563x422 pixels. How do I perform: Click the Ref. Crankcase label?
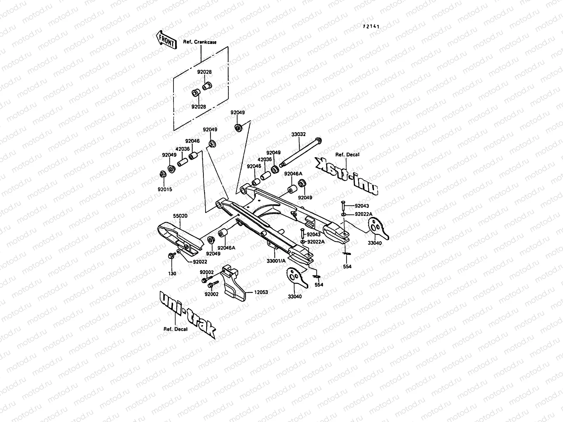click(x=200, y=42)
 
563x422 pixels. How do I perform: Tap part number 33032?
click(x=298, y=134)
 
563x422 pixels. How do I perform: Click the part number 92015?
click(x=165, y=189)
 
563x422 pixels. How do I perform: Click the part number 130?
click(x=172, y=273)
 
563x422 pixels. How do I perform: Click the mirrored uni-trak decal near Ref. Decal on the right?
click(x=347, y=176)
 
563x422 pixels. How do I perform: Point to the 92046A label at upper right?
click(x=293, y=173)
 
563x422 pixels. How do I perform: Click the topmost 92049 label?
click(x=238, y=113)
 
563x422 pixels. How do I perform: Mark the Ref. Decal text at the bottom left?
click(x=175, y=329)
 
